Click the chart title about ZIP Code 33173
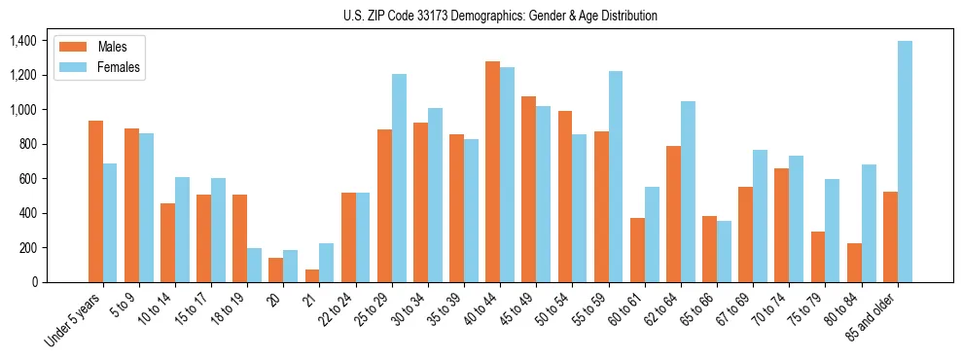[x=500, y=16]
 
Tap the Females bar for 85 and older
[x=905, y=162]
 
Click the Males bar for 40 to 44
[x=492, y=172]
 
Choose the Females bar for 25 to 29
[x=399, y=178]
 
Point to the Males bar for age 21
[x=312, y=275]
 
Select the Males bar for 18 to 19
[x=240, y=238]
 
